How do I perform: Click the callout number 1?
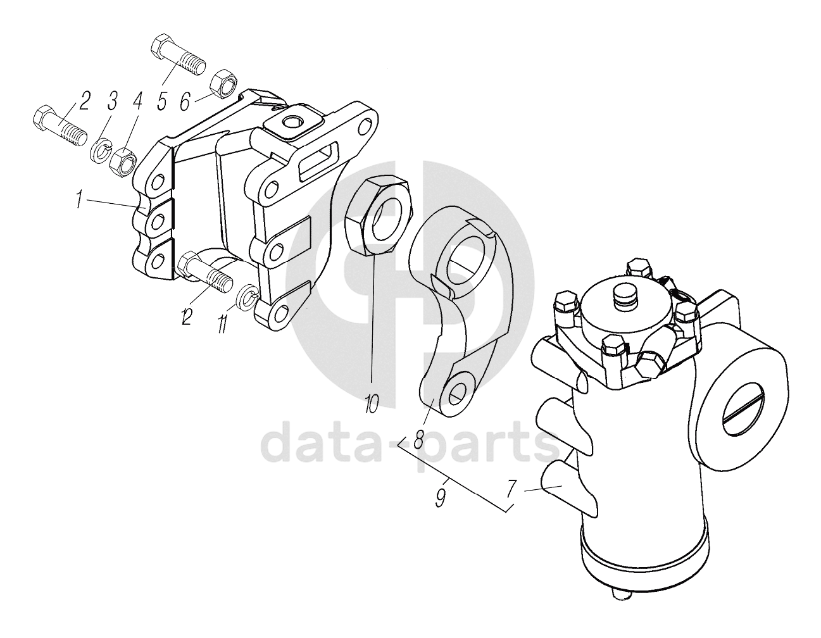pyautogui.click(x=79, y=199)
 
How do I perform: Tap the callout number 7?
pyautogui.click(x=510, y=489)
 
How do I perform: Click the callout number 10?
pyautogui.click(x=372, y=404)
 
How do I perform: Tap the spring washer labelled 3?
pyautogui.click(x=101, y=153)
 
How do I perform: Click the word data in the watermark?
pyautogui.click(x=322, y=444)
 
